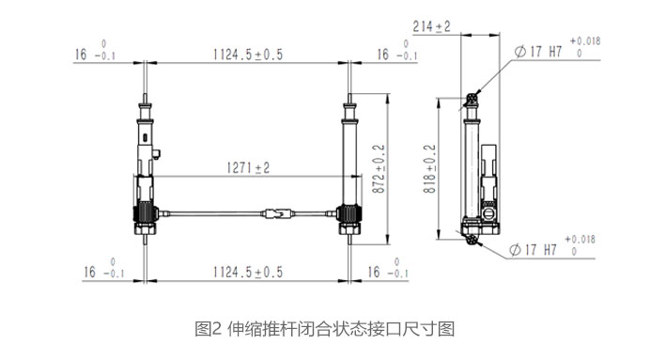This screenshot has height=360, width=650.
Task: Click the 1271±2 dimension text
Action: [x=248, y=168]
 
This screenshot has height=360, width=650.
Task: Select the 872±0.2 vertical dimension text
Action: [x=379, y=169]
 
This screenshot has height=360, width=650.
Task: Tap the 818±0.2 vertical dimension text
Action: [x=429, y=169]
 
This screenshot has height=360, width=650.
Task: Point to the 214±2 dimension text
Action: [x=431, y=27]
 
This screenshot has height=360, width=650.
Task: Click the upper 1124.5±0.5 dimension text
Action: [x=248, y=55]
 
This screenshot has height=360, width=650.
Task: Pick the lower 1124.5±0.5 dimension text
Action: [x=248, y=272]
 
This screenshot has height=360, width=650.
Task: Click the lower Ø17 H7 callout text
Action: [x=533, y=250]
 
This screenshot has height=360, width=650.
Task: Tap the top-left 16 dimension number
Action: [x=81, y=55]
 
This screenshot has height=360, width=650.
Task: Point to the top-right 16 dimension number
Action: [x=383, y=55]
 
